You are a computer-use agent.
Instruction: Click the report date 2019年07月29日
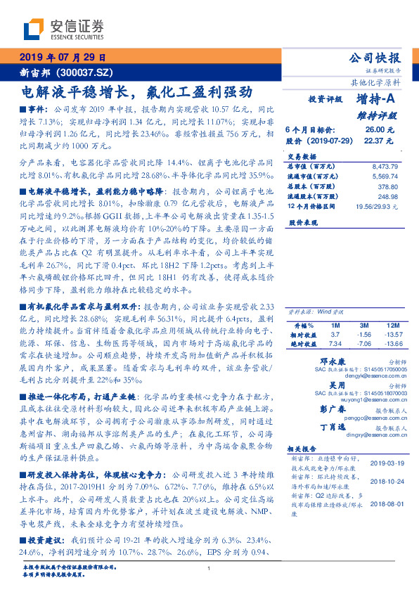click(x=62, y=58)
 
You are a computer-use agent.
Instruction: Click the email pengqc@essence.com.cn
click(x=369, y=418)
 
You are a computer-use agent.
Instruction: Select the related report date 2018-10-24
click(x=382, y=482)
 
